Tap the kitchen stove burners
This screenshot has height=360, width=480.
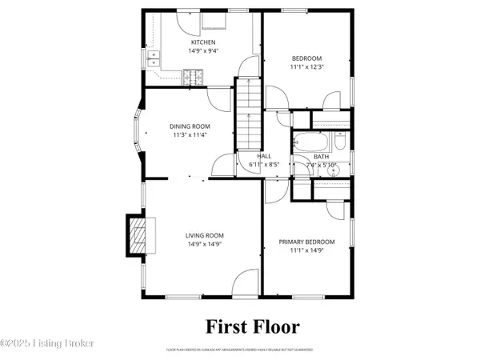194,78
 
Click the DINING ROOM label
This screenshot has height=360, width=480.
190,126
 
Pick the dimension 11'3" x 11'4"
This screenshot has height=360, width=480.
190,135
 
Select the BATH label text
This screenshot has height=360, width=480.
322,157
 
